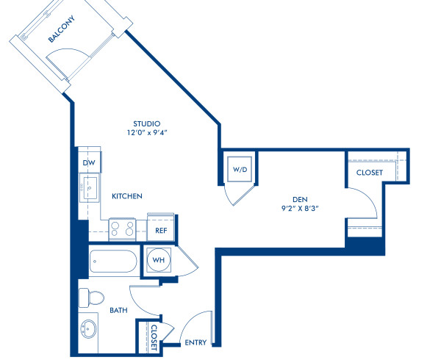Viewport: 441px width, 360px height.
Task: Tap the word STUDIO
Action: (146, 123)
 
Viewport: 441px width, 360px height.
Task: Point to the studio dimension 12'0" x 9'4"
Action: (146, 133)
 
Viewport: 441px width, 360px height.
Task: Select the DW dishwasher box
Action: (89, 162)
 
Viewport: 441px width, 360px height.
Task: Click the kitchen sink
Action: (89, 189)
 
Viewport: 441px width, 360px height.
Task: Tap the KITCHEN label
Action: (126, 197)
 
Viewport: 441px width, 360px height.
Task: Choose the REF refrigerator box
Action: (160, 230)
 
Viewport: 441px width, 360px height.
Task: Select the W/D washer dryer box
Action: (240, 170)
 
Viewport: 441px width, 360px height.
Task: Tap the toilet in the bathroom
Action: (92, 298)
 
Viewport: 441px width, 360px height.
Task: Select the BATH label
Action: (118, 311)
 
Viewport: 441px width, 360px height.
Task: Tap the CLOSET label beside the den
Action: (369, 173)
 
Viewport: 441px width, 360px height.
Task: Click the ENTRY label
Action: (195, 342)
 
